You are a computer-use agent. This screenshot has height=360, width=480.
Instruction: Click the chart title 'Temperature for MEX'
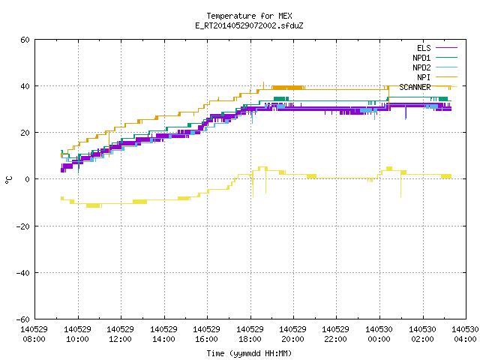pyautogui.click(x=249, y=16)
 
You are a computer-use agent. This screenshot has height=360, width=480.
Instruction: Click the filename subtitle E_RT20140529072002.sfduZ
pyautogui.click(x=249, y=25)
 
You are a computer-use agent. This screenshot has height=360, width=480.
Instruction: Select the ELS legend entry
pyautogui.click(x=437, y=48)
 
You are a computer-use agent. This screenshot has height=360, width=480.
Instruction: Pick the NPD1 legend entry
pyautogui.click(x=435, y=58)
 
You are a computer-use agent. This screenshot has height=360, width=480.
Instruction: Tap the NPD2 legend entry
pyautogui.click(x=435, y=67)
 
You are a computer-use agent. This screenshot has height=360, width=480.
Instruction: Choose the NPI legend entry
pyautogui.click(x=437, y=77)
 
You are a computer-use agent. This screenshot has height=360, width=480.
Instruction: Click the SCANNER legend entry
pyautogui.click(x=428, y=87)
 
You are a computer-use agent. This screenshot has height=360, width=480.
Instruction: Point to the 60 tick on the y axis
pyautogui.click(x=25, y=40)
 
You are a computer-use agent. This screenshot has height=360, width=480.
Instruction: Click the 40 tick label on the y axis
pyautogui.click(x=25, y=86)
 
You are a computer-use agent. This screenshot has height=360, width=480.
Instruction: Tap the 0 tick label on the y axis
pyautogui.click(x=28, y=179)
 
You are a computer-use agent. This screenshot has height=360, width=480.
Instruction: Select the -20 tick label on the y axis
pyautogui.click(x=23, y=226)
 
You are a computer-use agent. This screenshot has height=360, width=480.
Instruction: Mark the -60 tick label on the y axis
pyautogui.click(x=23, y=319)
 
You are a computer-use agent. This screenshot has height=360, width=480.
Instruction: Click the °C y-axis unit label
pyautogui.click(x=9, y=180)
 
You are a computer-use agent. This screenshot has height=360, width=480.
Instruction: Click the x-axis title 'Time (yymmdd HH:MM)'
pyautogui.click(x=249, y=353)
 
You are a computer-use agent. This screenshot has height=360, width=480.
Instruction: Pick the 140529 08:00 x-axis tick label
pyautogui.click(x=34, y=334)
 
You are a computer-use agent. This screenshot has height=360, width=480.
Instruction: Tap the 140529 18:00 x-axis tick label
pyautogui.click(x=250, y=334)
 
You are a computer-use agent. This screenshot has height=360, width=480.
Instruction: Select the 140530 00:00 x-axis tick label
pyautogui.click(x=379, y=334)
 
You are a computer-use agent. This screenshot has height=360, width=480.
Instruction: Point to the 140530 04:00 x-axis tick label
pyautogui.click(x=465, y=334)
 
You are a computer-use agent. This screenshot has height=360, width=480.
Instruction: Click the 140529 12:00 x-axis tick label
pyautogui.click(x=121, y=334)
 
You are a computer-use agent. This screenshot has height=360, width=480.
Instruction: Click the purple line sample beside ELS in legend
pyautogui.click(x=447, y=48)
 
